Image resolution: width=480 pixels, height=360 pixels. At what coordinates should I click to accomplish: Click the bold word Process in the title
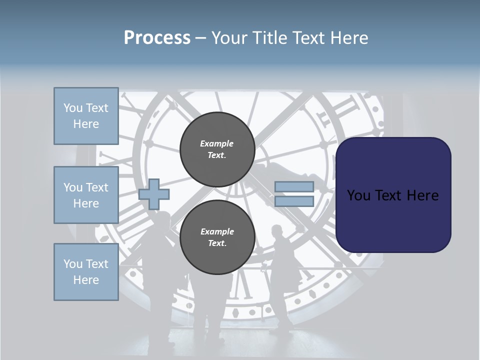pyautogui.click(x=157, y=38)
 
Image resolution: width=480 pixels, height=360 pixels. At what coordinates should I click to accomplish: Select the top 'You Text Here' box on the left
pyautogui.click(x=86, y=116)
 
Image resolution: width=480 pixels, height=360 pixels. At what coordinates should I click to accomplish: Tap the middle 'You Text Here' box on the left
pyautogui.click(x=86, y=195)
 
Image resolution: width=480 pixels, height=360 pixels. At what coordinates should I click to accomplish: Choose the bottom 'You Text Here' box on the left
pyautogui.click(x=86, y=272)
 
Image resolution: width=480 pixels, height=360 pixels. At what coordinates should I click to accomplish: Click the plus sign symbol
pyautogui.click(x=154, y=194)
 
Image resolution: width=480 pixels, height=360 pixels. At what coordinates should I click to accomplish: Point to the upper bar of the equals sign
pyautogui.click(x=294, y=187)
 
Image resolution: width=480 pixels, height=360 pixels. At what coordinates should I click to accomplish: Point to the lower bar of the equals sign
pyautogui.click(x=294, y=201)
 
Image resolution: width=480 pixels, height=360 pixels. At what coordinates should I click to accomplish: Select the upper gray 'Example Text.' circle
pyautogui.click(x=217, y=149)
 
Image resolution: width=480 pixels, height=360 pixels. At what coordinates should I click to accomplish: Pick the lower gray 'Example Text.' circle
pyautogui.click(x=217, y=237)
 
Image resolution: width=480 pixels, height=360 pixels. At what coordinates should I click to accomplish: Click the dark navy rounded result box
pyautogui.click(x=393, y=194)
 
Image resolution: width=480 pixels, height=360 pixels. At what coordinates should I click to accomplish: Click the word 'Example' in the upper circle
pyautogui.click(x=216, y=143)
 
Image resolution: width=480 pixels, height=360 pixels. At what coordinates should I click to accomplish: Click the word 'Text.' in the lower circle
pyautogui.click(x=216, y=243)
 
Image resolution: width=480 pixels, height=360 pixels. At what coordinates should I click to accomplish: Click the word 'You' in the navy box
pyautogui.click(x=358, y=195)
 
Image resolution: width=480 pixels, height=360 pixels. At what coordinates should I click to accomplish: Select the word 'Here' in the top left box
pyautogui.click(x=86, y=124)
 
